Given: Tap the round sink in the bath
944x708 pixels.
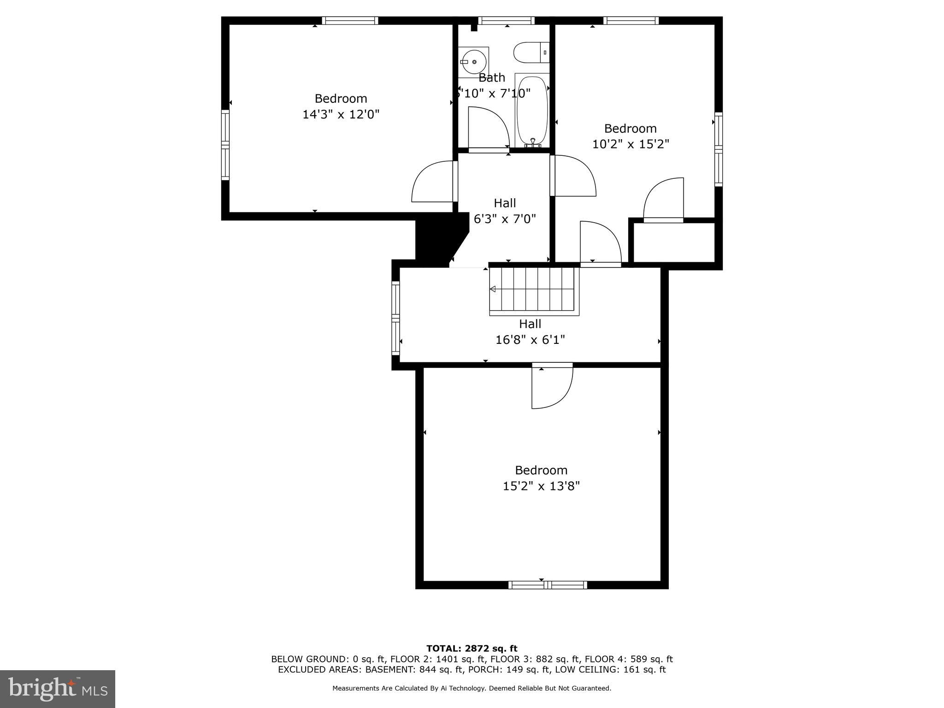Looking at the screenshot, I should point(473,62).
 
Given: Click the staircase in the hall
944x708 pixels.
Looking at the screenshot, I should point(534,291).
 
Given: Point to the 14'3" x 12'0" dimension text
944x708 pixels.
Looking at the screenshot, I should point(341,114).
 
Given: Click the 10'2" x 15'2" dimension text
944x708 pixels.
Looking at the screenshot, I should point(630,144).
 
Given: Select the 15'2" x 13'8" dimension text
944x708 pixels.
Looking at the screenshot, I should point(541,486).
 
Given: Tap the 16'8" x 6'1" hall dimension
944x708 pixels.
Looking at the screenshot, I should point(530,340).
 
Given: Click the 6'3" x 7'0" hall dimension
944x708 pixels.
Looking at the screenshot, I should point(505,219).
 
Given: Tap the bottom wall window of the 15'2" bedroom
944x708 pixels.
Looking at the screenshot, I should point(548,585).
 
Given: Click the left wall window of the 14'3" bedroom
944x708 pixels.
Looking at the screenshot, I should point(225,145).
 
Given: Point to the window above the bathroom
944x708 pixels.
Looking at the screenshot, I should point(506,20).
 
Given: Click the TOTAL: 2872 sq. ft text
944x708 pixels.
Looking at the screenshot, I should point(472,649).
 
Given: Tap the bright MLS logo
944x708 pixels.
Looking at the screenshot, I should point(58,689).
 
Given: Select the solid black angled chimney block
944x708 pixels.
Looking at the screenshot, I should point(438,240).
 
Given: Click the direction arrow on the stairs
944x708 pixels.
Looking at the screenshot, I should point(492,289).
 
